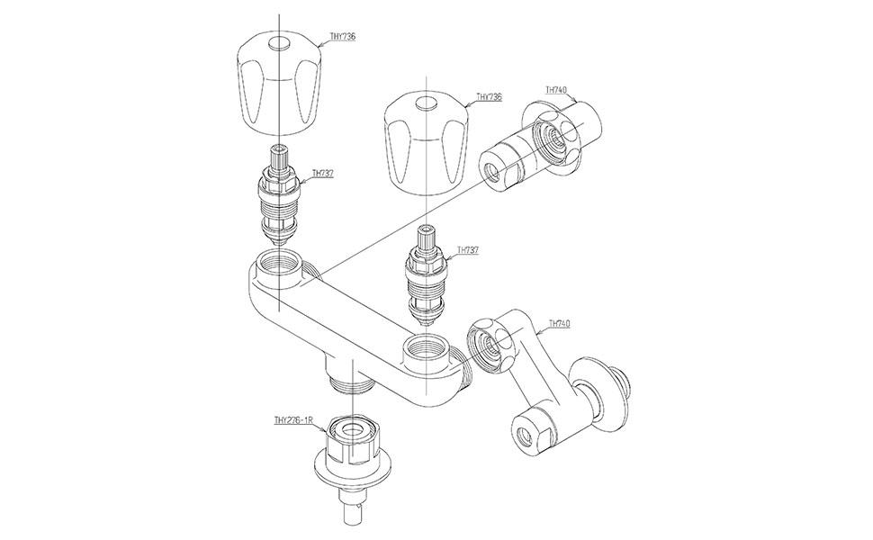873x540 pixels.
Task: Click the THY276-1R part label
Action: [x=293, y=419]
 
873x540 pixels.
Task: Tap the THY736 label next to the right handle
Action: [x=489, y=96]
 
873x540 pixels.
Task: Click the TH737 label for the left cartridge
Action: [x=322, y=173]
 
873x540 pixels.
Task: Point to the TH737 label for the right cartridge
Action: [x=467, y=250]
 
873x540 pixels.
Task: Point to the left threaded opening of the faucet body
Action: [x=278, y=267]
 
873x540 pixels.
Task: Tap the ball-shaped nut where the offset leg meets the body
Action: [x=491, y=345]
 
